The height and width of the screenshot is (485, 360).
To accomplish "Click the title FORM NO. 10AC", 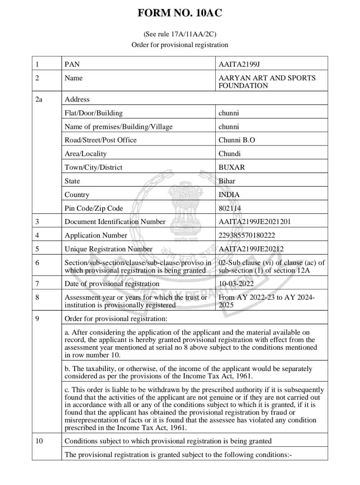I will pyautogui.click(x=180, y=13).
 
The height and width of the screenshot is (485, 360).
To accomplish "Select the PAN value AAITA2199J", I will pyautogui.click(x=239, y=64).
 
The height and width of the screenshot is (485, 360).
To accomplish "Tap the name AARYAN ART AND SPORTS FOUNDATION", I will pyautogui.click(x=267, y=82).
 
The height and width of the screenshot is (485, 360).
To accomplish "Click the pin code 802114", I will pyautogui.click(x=230, y=208).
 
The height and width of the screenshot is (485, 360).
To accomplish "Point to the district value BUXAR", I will pyautogui.click(x=232, y=167).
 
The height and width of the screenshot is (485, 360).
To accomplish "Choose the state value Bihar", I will pyautogui.click(x=227, y=181).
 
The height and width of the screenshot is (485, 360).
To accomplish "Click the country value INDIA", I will pyautogui.click(x=229, y=195).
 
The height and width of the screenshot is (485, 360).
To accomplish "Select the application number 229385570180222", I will pyautogui.click(x=247, y=235).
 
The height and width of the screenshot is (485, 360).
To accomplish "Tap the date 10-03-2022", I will pyautogui.click(x=236, y=284).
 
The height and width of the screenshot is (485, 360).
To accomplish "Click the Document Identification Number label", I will pyautogui.click(x=115, y=222).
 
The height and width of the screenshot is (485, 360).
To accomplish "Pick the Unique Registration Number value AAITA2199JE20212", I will pyautogui.click(x=251, y=249).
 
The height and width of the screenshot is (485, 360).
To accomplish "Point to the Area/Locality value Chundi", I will pyautogui.click(x=229, y=154).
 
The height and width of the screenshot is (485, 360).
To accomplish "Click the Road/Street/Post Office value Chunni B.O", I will pyautogui.click(x=237, y=140).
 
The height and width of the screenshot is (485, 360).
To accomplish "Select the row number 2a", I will pyautogui.click(x=39, y=99).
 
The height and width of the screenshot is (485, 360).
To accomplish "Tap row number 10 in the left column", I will pyautogui.click(x=39, y=441).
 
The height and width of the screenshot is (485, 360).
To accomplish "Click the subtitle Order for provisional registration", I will pyautogui.click(x=180, y=45).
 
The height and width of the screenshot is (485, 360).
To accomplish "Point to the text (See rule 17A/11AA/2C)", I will pyautogui.click(x=180, y=34).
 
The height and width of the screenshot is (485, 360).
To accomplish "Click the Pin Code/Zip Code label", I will pyautogui.click(x=94, y=208).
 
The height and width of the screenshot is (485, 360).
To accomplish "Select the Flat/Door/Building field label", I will pyautogui.click(x=94, y=113).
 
